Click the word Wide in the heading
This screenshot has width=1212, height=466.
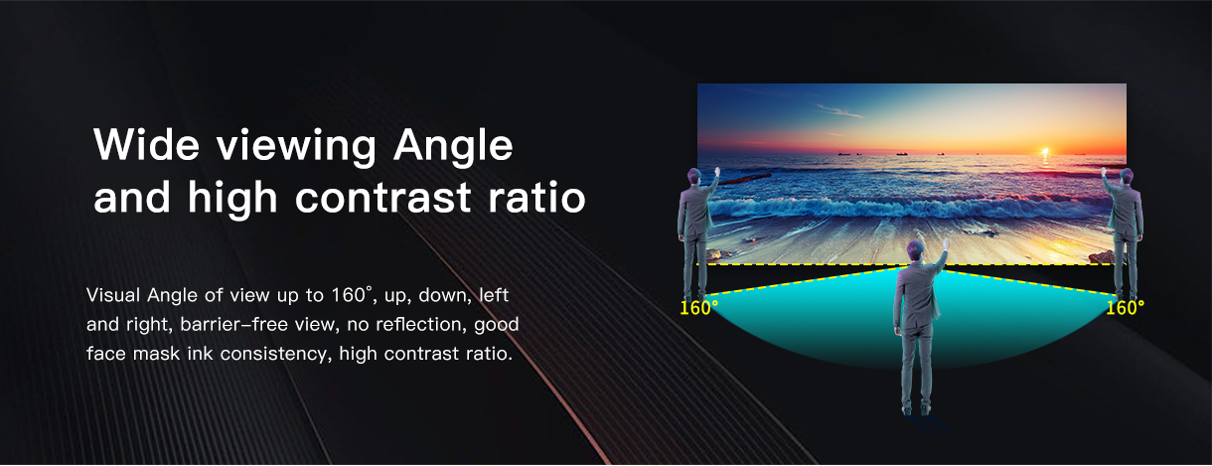point(146,144)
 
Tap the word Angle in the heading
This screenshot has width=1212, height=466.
point(453,148)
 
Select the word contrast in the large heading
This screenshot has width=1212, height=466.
point(383,197)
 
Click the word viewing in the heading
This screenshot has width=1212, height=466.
point(296,148)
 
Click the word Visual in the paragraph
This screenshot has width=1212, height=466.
point(113,295)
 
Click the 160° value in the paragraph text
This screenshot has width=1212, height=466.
point(352,295)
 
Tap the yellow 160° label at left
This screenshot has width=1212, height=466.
point(698,308)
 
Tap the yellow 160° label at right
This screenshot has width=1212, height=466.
point(1125,308)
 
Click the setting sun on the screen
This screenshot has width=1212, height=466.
point(1045,151)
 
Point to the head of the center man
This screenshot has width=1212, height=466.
point(916,250)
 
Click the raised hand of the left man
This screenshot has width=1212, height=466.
point(717,172)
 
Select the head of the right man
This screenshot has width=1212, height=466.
point(1126,177)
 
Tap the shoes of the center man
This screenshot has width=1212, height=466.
point(916,409)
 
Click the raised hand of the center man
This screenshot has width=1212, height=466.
point(946,243)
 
